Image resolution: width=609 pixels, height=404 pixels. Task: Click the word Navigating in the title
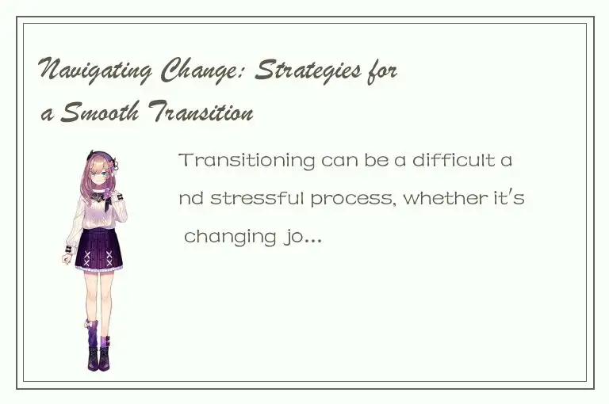click(x=96, y=72)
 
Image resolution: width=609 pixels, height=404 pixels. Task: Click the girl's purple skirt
click(x=99, y=251)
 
